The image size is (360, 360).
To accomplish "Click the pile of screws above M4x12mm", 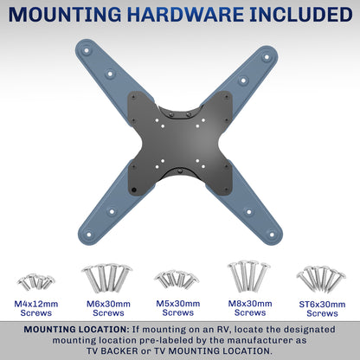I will (36, 282).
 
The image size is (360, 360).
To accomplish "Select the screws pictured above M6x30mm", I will (106, 279).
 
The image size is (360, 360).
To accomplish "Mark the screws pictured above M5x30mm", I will (177, 280).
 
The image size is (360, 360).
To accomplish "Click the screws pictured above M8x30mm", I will (249, 277).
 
